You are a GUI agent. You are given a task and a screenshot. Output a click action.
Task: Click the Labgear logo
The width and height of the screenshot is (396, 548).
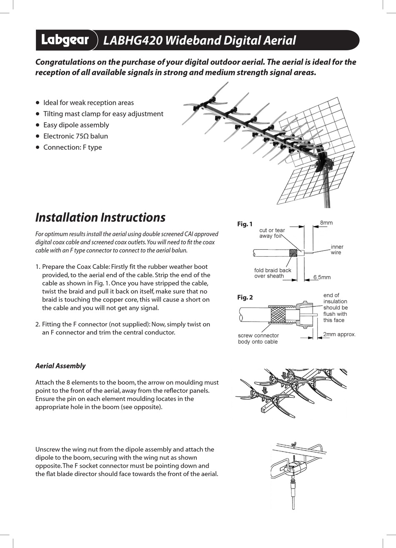point(65,40)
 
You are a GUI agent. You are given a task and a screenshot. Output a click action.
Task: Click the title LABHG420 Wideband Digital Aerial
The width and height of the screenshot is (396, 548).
point(199,40)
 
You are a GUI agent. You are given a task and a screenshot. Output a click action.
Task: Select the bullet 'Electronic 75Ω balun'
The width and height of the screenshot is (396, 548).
point(75,136)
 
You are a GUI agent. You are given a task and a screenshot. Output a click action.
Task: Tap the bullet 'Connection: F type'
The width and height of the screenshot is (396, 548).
point(73,147)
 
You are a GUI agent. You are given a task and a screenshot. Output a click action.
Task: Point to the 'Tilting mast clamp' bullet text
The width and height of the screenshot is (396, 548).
point(103,114)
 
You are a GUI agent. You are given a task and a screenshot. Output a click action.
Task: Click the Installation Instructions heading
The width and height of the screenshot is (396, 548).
point(100,217)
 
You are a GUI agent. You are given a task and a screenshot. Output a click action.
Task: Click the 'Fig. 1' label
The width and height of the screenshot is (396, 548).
point(245,224)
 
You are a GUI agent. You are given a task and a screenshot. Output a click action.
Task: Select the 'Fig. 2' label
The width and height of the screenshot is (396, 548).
point(245,297)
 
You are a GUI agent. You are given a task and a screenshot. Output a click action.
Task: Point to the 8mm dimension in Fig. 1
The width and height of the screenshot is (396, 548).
point(326,223)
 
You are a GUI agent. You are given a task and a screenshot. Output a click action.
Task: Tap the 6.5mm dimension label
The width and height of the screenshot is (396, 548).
point(322,277)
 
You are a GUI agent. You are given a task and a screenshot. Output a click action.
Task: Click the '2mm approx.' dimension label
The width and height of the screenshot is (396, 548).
point(339,334)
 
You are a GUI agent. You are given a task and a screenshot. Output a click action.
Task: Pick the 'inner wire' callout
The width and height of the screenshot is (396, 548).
point(336,250)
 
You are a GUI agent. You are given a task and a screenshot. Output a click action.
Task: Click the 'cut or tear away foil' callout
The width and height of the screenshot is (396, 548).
point(272,233)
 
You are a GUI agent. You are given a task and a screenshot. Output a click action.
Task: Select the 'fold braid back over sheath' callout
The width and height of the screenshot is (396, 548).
point(273,273)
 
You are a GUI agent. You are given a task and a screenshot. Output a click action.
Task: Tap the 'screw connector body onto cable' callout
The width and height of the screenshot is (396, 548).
point(258,338)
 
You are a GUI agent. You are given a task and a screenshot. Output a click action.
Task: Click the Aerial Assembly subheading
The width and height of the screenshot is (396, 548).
point(60,366)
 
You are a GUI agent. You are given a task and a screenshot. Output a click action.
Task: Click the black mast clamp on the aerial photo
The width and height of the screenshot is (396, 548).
point(321,161)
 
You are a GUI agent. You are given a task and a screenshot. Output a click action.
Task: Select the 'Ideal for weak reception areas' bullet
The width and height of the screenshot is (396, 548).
point(88,102)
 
